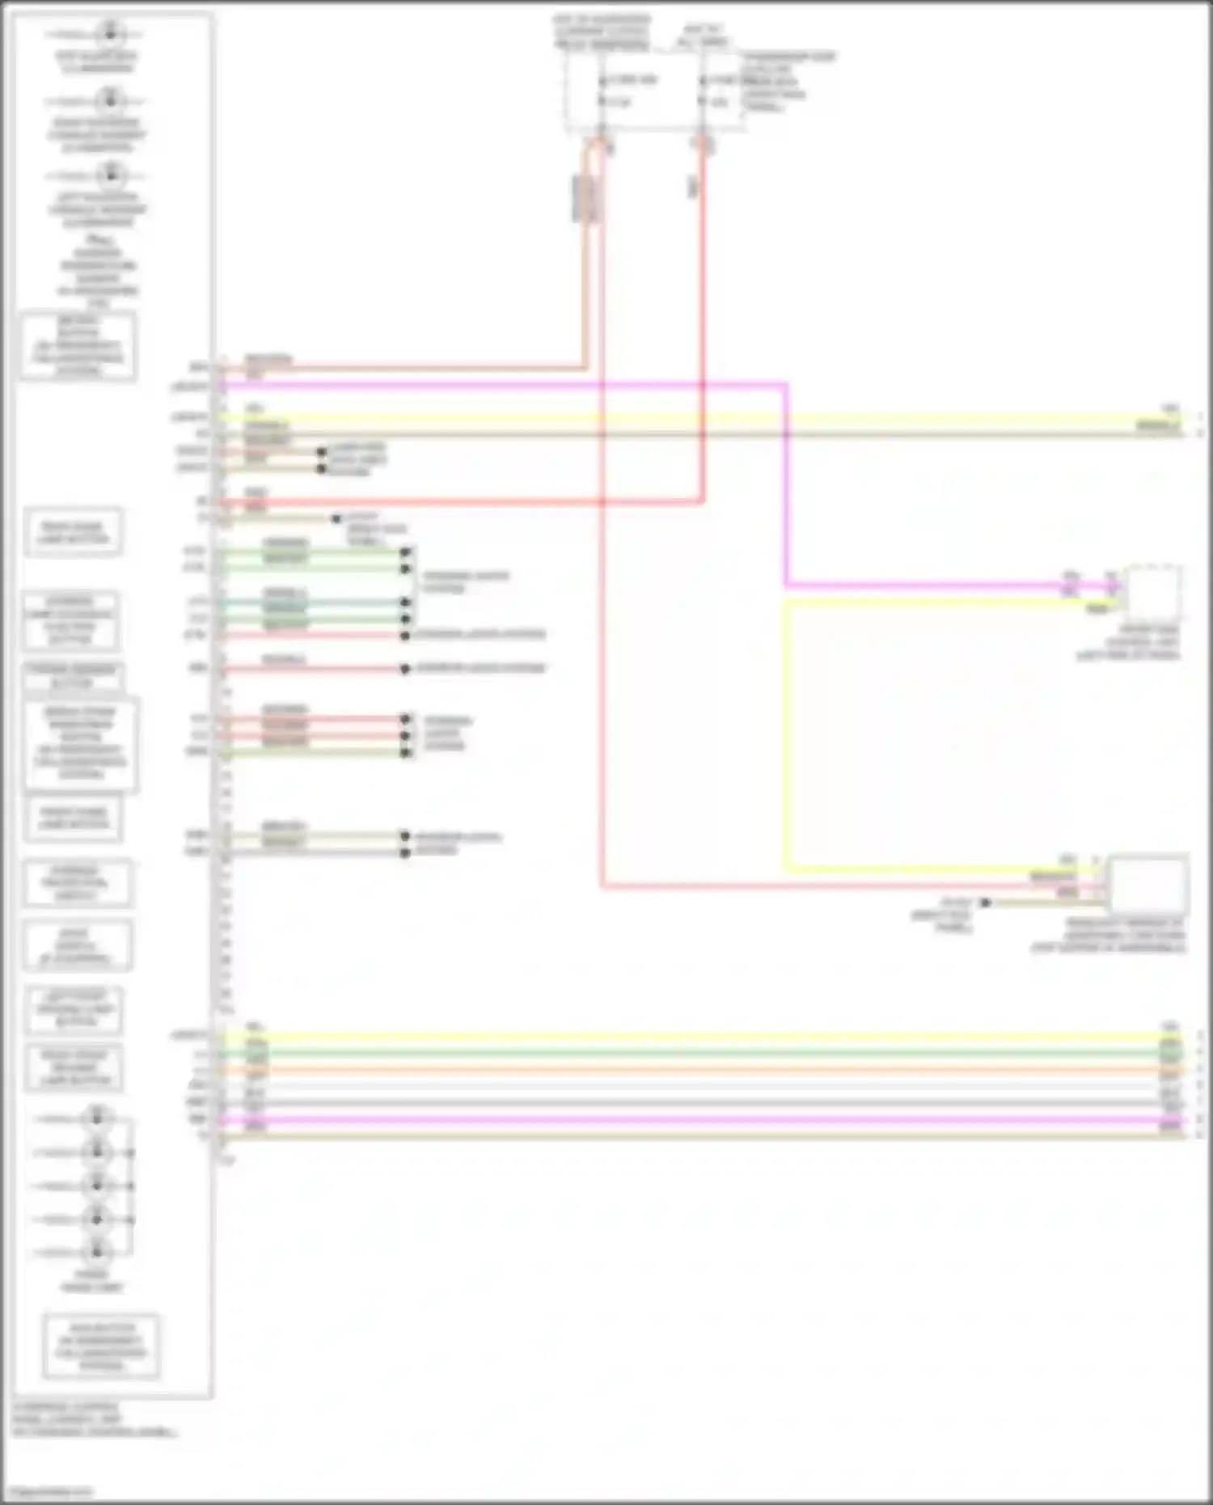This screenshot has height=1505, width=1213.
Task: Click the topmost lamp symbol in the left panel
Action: pyautogui.click(x=110, y=34)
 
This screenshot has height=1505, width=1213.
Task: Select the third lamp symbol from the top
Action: pyautogui.click(x=110, y=175)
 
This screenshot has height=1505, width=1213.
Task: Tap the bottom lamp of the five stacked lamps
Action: pyautogui.click(x=97, y=1252)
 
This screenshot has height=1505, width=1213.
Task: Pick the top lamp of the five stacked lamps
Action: pyautogui.click(x=97, y=1118)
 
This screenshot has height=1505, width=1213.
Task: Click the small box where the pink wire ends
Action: pyautogui.click(x=1152, y=593)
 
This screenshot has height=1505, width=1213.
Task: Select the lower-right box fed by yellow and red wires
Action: pyautogui.click(x=1147, y=883)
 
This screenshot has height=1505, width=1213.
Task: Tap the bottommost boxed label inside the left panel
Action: pyautogui.click(x=101, y=1346)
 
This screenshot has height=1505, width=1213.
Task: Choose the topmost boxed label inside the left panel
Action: pyautogui.click(x=78, y=346)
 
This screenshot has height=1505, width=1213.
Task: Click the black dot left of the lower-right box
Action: pyautogui.click(x=985, y=903)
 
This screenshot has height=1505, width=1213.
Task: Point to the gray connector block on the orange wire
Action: pyautogui.click(x=584, y=198)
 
